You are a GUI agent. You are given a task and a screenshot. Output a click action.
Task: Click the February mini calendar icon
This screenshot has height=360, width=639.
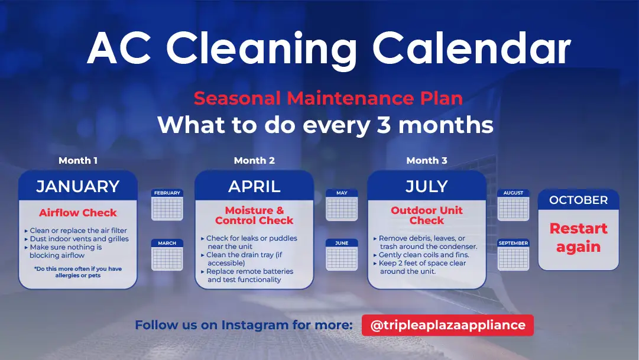(x=167, y=205)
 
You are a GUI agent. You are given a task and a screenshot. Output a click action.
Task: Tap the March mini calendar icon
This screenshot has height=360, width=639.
(x=167, y=255)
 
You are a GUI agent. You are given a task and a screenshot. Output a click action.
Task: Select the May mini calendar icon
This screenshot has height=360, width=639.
(x=342, y=205)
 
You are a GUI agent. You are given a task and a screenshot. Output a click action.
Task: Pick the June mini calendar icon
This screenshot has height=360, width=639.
(x=342, y=255)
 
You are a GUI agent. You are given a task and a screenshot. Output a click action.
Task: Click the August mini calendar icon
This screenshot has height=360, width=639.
(x=514, y=205)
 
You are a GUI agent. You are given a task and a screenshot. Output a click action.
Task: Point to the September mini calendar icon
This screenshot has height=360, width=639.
(x=514, y=255)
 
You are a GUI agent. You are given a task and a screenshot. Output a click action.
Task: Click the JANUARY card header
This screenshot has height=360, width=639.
(x=78, y=186)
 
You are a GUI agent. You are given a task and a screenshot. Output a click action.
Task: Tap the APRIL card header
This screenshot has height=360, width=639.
(x=254, y=186)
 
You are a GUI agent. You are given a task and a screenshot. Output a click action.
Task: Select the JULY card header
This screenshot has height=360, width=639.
(x=427, y=186)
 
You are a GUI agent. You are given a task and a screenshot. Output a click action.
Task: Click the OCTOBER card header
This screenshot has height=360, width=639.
(x=578, y=200)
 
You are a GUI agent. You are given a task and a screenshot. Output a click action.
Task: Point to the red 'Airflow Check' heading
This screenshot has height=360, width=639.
(x=78, y=213)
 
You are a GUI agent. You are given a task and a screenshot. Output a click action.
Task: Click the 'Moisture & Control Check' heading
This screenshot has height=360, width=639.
(x=254, y=215)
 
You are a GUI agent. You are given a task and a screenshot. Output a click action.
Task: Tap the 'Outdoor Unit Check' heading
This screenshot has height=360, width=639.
(x=427, y=215)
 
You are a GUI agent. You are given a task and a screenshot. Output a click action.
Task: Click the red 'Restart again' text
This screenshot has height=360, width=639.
(x=578, y=238)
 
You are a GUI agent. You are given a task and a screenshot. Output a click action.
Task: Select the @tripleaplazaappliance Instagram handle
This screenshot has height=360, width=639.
(x=447, y=325)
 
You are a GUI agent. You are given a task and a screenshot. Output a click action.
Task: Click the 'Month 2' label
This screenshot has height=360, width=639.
(x=254, y=161)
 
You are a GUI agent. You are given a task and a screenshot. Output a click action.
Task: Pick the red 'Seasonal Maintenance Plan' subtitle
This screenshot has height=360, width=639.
(x=328, y=98)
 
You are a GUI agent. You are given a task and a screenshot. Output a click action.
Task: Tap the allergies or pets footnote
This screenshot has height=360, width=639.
(x=78, y=272)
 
